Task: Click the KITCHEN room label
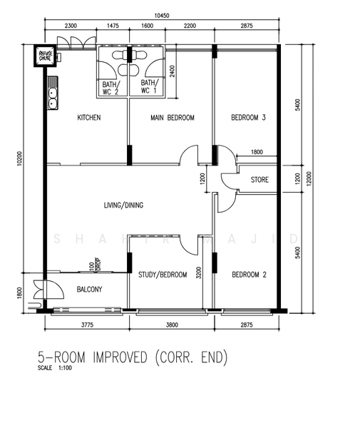(88, 118)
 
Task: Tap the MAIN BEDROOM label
(172, 118)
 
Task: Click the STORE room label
(259, 180)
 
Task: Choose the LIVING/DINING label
(123, 205)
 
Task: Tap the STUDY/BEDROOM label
(163, 275)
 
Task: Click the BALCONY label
(90, 290)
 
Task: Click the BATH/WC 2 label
(112, 87)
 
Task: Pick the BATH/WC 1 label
(148, 87)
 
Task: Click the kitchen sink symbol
(52, 96)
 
